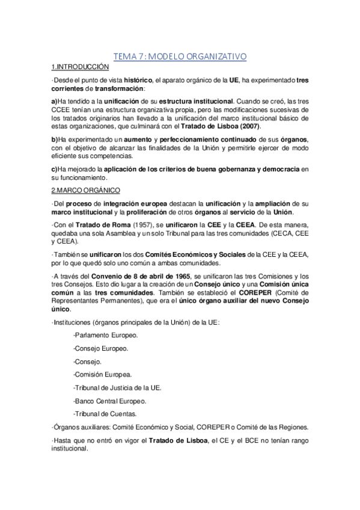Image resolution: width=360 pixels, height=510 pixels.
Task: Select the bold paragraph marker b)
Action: tap(54, 140)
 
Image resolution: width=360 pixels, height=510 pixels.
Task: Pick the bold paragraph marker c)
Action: tap(54, 170)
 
